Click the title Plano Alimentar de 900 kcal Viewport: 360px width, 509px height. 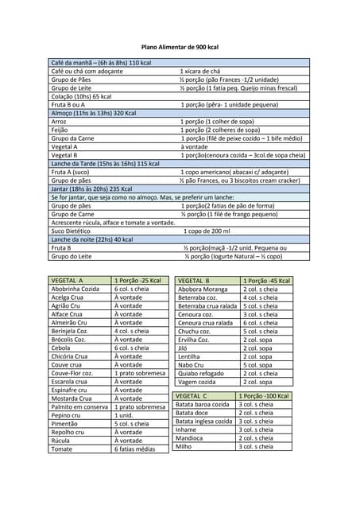[180, 48]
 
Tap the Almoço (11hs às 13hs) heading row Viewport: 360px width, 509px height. [93, 113]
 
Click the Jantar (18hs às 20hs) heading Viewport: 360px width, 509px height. [91, 188]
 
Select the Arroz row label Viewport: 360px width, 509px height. [60, 122]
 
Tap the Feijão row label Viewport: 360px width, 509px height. [60, 130]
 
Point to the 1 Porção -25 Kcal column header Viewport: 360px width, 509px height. [137, 281]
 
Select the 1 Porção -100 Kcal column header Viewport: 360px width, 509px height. [263, 395]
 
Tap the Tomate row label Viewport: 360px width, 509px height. [61, 449]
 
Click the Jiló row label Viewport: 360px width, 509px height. [184, 348]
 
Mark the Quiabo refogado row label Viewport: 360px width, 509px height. [201, 373]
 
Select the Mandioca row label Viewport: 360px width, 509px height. [191, 437]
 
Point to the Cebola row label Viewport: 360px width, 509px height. [61, 348]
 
